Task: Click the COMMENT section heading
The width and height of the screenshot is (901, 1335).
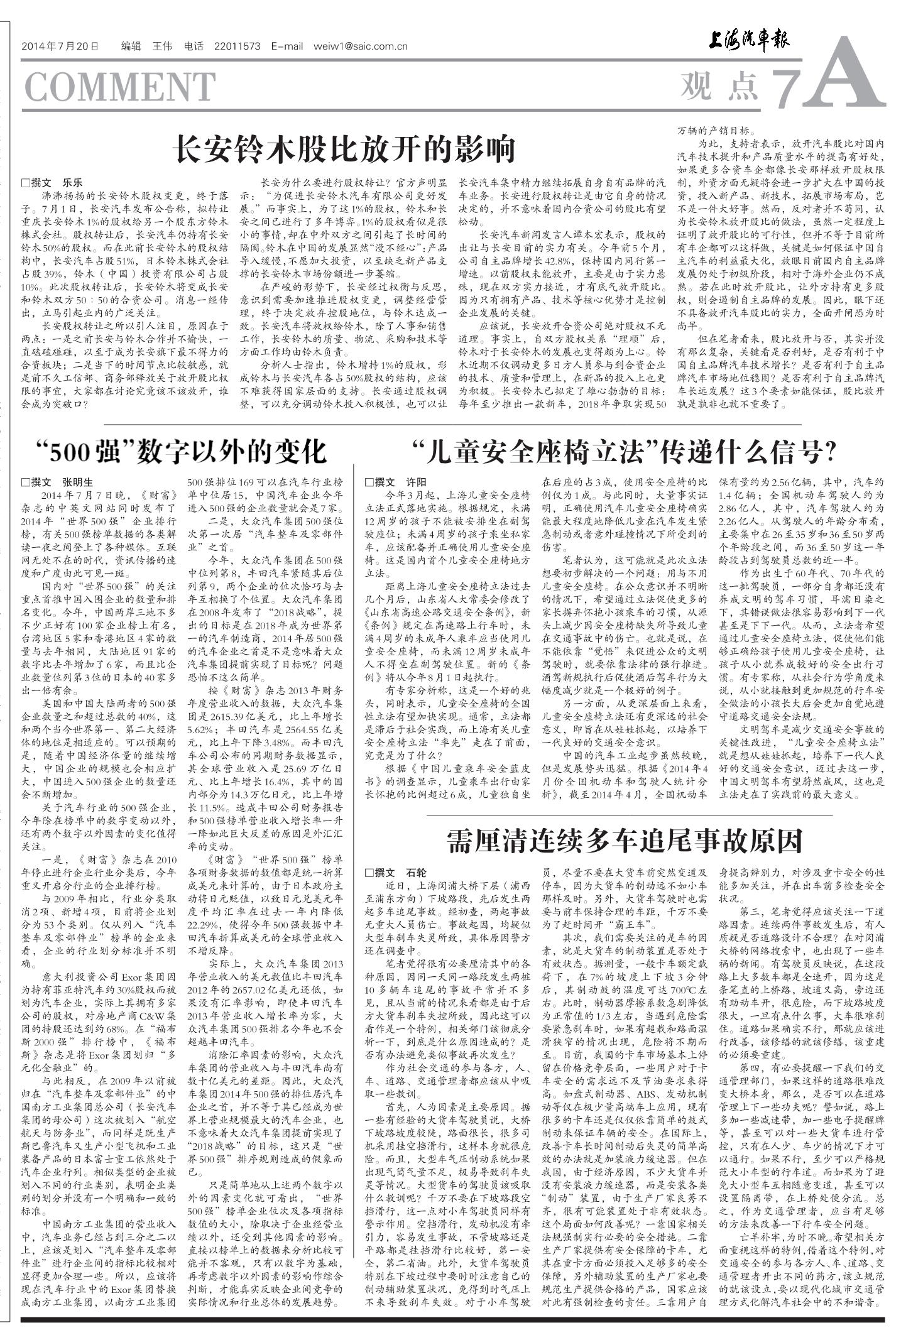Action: pyautogui.click(x=119, y=87)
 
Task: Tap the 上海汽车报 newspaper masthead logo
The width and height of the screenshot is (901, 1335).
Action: pyautogui.click(x=748, y=41)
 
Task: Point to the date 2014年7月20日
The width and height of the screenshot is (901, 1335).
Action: pyautogui.click(x=60, y=46)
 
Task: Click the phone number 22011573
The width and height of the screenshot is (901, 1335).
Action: pyautogui.click(x=237, y=46)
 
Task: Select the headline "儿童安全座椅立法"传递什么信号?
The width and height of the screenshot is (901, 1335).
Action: pyautogui.click(x=625, y=450)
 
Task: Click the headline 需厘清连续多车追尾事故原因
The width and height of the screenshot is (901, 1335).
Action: pyautogui.click(x=625, y=841)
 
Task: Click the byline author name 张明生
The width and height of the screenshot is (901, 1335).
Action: pyautogui.click(x=77, y=482)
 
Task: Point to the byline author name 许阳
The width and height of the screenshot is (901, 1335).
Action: pyautogui.click(x=416, y=482)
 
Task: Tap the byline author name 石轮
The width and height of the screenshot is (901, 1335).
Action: pyautogui.click(x=416, y=873)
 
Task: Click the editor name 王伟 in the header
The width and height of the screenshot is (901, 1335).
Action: pyautogui.click(x=162, y=46)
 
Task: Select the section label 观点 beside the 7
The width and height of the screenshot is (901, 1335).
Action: pyautogui.click(x=718, y=86)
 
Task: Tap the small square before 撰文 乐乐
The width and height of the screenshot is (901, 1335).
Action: pyautogui.click(x=25, y=183)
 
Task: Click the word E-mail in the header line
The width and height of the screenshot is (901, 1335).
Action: pyautogui.click(x=287, y=46)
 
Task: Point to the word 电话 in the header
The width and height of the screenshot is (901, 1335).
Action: pyautogui.click(x=194, y=46)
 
